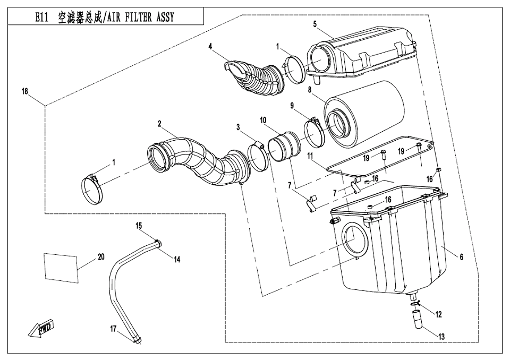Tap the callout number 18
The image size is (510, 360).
click(x=25, y=91)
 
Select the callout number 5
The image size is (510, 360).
click(x=315, y=24)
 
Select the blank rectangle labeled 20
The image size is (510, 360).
click(x=61, y=267)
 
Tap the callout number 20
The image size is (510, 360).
click(x=101, y=256)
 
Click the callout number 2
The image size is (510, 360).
click(x=159, y=123)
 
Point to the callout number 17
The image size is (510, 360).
click(x=113, y=329)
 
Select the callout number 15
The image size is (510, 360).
click(x=139, y=226)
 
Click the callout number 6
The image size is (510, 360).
click(x=461, y=257)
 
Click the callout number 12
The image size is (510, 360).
click(x=438, y=314)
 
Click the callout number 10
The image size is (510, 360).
click(x=263, y=121)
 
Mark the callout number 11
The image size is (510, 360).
click(x=310, y=156)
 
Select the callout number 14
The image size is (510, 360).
click(x=177, y=260)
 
